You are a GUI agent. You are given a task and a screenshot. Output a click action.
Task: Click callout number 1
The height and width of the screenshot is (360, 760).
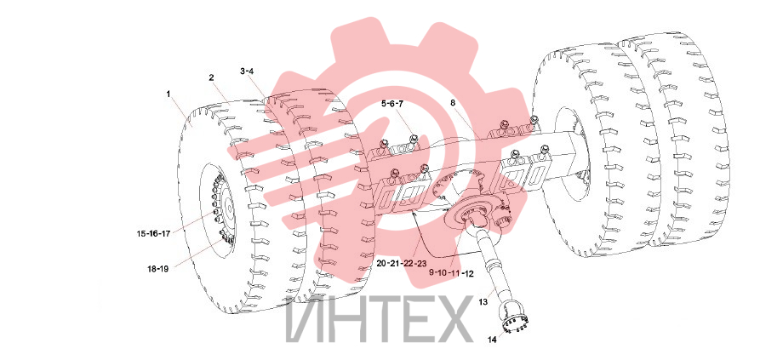pos(169,94)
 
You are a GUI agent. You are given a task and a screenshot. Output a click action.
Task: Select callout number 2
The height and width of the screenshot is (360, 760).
pos(211,77)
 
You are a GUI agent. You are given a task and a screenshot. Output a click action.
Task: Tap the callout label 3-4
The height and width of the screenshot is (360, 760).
pos(247,71)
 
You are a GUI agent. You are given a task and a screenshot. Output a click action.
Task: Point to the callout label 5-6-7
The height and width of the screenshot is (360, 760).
pos(392,103)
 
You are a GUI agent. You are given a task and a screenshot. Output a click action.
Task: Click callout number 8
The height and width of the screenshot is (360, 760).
pos(453,103)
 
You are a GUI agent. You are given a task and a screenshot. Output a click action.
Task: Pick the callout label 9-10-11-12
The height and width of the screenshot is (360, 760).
pos(451,273)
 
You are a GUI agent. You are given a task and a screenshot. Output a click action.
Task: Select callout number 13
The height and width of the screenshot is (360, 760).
pos(483,302)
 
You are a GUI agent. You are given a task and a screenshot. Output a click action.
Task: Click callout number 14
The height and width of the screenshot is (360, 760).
pos(492,340)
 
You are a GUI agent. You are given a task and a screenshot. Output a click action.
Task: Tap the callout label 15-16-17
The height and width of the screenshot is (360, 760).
pos(153,233)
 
